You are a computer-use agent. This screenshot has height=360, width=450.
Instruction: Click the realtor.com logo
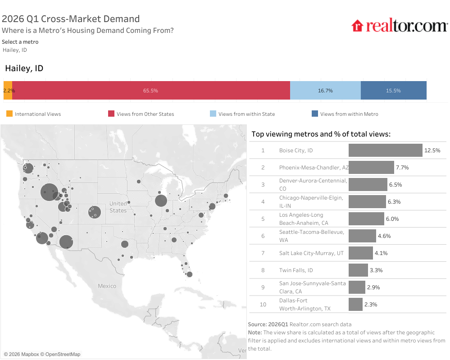[x=399, y=26]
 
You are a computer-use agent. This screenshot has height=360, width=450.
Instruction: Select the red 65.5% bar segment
[x=150, y=90]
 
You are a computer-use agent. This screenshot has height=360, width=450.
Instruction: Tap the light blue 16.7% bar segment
[x=325, y=90]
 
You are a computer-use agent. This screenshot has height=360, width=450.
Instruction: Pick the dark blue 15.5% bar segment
[x=393, y=90]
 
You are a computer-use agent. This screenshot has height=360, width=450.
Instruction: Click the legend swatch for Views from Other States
[x=111, y=114]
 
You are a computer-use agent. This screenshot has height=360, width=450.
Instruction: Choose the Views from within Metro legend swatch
[x=315, y=114]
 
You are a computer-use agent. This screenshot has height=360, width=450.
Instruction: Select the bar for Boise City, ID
[x=385, y=150]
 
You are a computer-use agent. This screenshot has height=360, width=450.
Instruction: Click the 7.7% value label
[x=402, y=168]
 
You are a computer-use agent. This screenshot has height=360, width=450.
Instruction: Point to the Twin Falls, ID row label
[x=296, y=270]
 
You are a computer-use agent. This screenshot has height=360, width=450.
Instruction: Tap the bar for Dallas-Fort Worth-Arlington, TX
[x=355, y=305]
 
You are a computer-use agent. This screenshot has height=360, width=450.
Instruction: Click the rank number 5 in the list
[x=263, y=219]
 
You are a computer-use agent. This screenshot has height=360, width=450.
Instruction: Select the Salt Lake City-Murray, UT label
[x=311, y=253]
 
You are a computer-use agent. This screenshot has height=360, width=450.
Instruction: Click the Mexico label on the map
[x=107, y=286]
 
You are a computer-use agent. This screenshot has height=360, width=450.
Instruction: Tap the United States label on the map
[x=118, y=207]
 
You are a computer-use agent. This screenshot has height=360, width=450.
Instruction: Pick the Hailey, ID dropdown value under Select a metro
[x=15, y=50]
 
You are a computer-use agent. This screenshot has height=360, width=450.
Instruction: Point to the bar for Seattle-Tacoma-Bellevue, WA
[x=362, y=236]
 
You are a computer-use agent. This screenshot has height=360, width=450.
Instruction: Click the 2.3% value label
[x=371, y=305]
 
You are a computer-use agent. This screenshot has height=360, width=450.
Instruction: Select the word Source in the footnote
[x=257, y=324]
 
